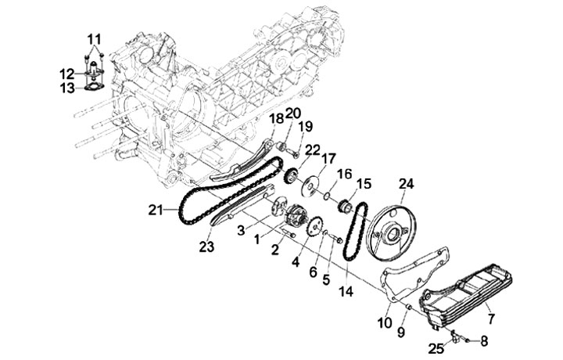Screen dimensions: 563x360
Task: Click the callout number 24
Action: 406,184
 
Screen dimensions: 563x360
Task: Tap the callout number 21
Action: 156,210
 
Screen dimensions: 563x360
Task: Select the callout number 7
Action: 491,318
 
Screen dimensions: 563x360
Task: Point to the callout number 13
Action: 67,88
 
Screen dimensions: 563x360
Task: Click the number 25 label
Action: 436,348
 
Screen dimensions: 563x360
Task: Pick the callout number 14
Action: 346,291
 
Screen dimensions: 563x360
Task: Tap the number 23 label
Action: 206,247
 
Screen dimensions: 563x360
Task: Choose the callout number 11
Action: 94,39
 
